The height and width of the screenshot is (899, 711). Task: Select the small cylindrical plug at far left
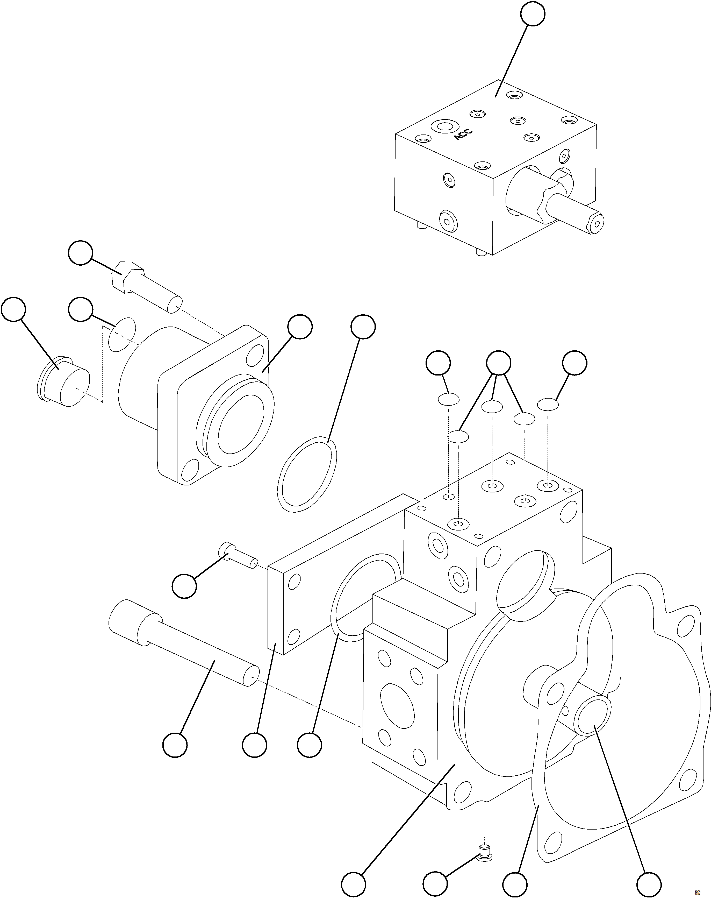pos(64,382)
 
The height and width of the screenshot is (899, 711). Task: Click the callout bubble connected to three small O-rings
pos(499,362)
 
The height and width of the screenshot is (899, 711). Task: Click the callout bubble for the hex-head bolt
pos(80,252)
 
